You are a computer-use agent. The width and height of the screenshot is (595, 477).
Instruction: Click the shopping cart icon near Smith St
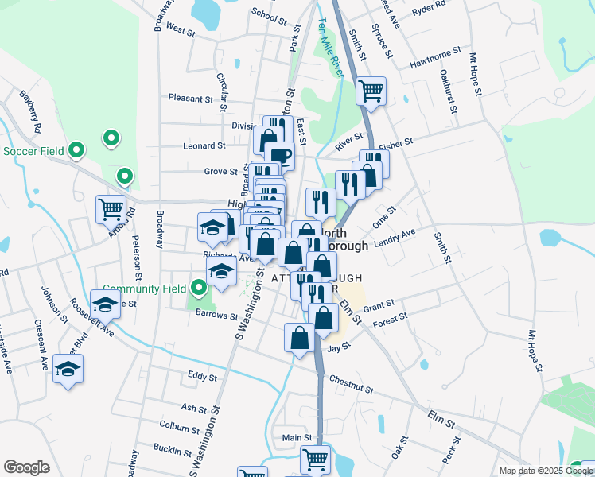371,91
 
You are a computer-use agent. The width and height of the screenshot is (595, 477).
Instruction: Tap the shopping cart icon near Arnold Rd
111,210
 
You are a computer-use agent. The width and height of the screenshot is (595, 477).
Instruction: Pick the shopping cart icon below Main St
315,460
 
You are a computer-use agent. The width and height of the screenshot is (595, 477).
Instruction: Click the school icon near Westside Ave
68,369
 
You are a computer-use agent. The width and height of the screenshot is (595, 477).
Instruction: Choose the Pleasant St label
191,99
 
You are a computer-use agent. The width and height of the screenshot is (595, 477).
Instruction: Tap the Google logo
26,467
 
